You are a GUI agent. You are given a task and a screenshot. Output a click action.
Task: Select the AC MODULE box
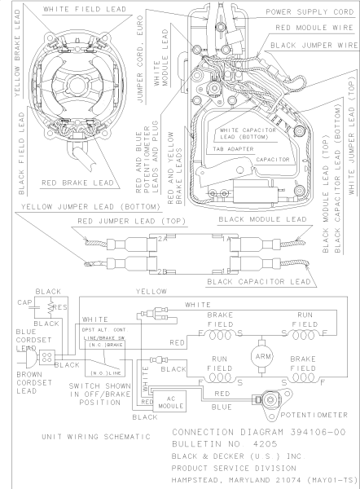pyautogui.click(x=170, y=401)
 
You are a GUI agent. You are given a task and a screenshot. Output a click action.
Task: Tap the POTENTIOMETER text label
pyautogui.click(x=314, y=415)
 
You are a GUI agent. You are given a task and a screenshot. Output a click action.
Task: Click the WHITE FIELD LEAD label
pyautogui.click(x=85, y=9)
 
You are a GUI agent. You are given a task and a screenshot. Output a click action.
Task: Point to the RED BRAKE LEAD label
pyautogui.click(x=77, y=183)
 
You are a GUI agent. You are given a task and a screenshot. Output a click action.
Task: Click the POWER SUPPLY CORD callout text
pyautogui.click(x=310, y=12)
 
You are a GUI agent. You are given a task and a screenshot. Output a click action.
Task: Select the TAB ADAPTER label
pyautogui.click(x=234, y=149)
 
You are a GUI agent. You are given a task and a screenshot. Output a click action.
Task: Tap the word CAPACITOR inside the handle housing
pyautogui.click(x=273, y=160)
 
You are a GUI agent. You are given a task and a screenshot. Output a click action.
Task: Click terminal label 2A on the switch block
pyautogui.click(x=162, y=239)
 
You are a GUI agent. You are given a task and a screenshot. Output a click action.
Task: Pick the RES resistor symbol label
pyautogui.click(x=59, y=307)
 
